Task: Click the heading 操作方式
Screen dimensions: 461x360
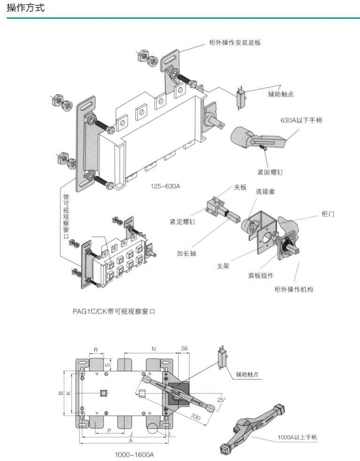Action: click(x=26, y=8)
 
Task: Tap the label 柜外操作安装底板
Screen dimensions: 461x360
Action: click(x=235, y=43)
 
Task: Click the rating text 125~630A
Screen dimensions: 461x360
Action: click(x=165, y=186)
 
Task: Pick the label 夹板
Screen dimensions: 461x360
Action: click(x=240, y=188)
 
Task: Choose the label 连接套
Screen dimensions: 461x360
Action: click(x=265, y=192)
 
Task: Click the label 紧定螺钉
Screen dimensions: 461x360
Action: click(x=182, y=222)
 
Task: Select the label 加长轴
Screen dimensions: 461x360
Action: click(x=186, y=253)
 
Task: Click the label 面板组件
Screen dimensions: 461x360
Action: click(x=261, y=275)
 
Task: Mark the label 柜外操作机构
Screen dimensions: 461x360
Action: click(x=294, y=289)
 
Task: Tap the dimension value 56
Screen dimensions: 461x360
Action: click(x=184, y=349)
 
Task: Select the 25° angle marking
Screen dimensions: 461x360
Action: click(x=221, y=400)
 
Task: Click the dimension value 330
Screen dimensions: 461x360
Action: click(x=196, y=417)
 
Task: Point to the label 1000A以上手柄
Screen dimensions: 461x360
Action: click(x=297, y=437)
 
